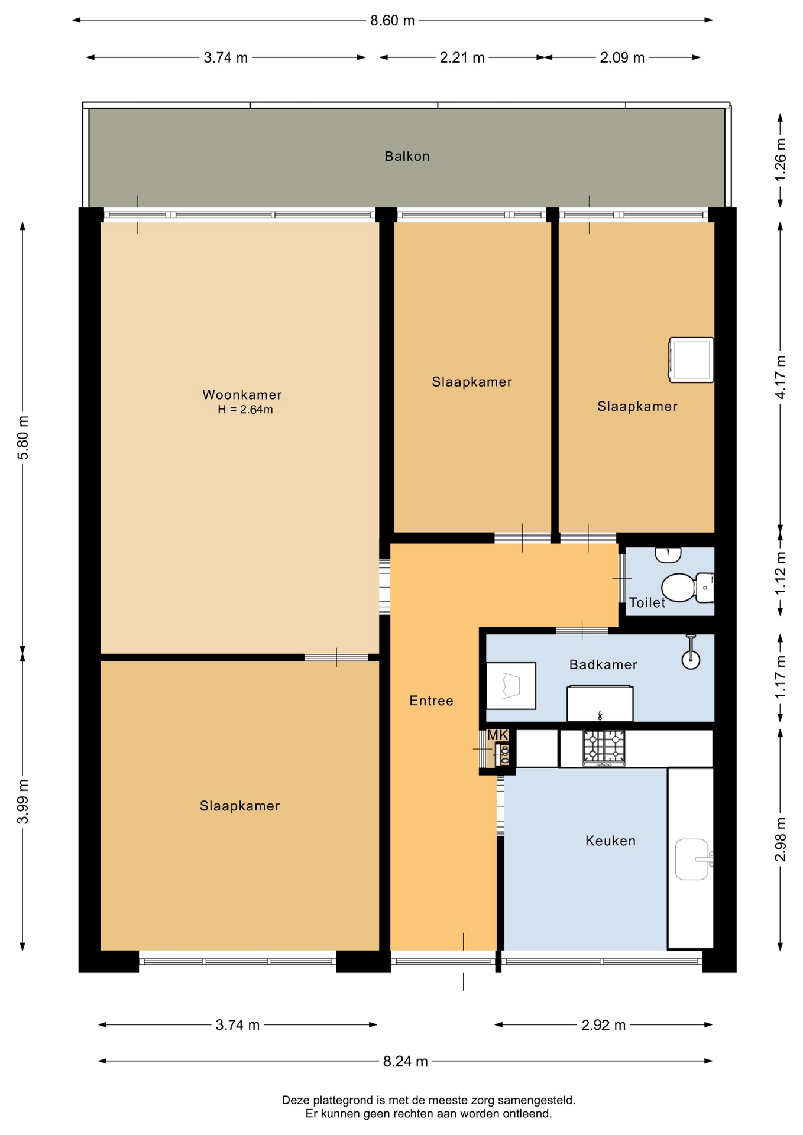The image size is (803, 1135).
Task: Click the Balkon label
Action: point(407,156)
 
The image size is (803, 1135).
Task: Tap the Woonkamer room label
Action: point(242,394)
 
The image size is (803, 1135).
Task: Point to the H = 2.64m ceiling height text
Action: point(245,410)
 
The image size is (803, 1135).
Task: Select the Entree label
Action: point(431,701)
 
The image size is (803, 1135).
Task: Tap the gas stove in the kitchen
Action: point(604,748)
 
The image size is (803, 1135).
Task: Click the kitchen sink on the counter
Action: point(692,859)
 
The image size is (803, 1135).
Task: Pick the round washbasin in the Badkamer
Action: point(691,659)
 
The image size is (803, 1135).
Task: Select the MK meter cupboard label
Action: point(497,735)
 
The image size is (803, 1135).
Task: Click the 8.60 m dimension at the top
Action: point(393,21)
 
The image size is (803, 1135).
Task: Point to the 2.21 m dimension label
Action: point(462,57)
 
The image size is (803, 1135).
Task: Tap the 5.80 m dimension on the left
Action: point(22,437)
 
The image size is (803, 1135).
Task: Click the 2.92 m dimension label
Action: point(604,1025)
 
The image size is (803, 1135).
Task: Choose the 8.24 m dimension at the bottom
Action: point(406,1061)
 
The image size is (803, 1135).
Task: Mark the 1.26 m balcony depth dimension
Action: point(781,160)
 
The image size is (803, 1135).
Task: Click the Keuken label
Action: point(610,841)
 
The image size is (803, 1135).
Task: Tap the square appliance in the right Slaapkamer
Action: point(691,360)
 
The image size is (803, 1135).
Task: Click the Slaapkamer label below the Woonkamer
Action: point(239,806)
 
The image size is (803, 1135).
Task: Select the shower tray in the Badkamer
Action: point(511,686)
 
